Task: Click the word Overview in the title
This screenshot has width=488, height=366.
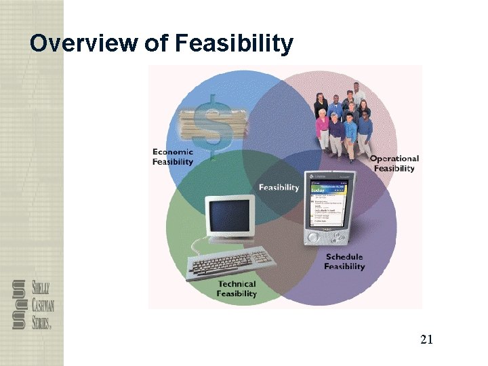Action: click(84, 44)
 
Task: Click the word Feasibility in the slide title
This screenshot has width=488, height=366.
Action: click(234, 44)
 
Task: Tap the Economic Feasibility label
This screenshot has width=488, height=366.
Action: click(173, 157)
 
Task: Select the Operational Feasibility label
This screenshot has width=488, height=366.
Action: click(394, 163)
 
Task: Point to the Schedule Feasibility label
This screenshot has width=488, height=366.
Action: click(344, 262)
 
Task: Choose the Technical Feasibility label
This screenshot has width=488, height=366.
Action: click(237, 289)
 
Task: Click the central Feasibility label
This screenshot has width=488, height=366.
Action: click(279, 188)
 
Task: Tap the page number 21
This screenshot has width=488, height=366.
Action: click(426, 340)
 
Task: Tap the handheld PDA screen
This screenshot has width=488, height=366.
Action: click(329, 203)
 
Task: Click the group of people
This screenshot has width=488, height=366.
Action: click(345, 122)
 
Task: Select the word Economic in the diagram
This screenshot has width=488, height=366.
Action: click(173, 152)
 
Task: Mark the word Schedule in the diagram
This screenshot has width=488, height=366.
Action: click(344, 257)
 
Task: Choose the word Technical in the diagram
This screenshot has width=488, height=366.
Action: click(237, 284)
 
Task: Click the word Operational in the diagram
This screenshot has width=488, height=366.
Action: click(394, 159)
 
